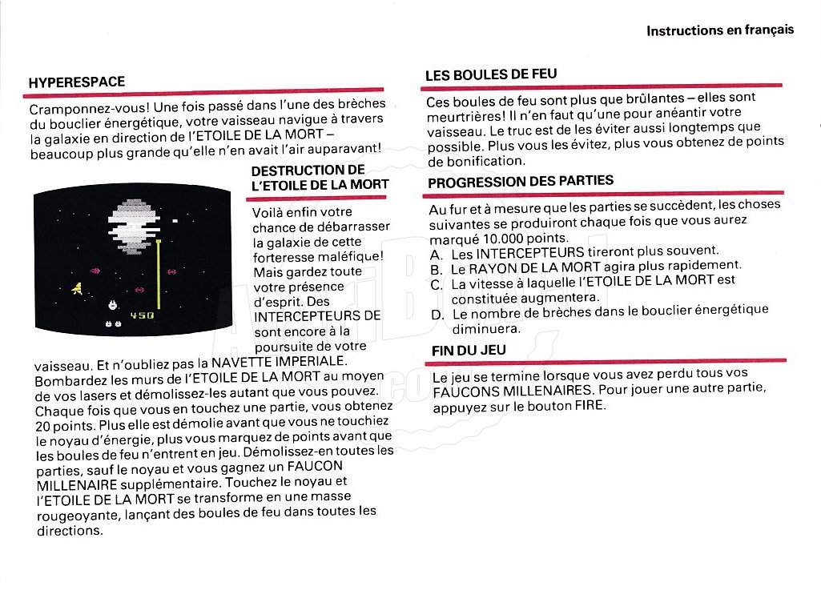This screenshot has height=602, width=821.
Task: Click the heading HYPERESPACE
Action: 77,82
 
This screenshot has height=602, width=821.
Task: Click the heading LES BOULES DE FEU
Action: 491,74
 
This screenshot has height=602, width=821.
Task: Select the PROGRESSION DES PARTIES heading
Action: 521,182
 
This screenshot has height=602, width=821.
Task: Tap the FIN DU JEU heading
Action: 469,350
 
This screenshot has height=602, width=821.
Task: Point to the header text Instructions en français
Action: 720,30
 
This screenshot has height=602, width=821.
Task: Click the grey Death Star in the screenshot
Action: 134,226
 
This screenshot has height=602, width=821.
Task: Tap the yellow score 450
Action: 142,315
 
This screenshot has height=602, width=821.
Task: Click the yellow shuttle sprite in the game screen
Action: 77,288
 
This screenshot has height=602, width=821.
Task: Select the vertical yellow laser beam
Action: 158,274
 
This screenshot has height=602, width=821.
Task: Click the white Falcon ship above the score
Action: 112,305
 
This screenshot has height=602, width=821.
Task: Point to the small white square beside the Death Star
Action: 175,221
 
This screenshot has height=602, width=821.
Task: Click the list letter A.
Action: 437,255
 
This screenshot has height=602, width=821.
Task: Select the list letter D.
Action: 437,315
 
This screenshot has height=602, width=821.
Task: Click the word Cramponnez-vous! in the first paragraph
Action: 90,108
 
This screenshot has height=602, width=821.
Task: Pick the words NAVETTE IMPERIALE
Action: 278,362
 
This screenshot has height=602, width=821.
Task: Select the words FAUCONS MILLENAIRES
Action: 513,391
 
